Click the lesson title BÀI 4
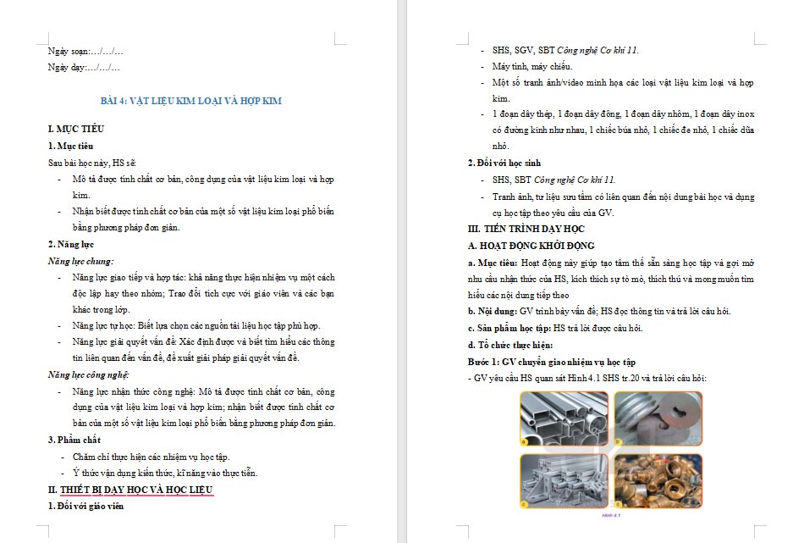pyautogui.click(x=190, y=101)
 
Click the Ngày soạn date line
pyautogui.click(x=85, y=52)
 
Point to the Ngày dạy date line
pyautogui.click(x=84, y=67)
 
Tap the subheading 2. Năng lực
pyautogui.click(x=70, y=244)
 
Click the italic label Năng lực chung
pyautogui.click(x=80, y=261)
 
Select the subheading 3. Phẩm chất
pyautogui.click(x=74, y=440)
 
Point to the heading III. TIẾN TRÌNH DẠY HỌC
pyautogui.click(x=526, y=229)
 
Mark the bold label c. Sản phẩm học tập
pyautogui.click(x=509, y=328)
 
